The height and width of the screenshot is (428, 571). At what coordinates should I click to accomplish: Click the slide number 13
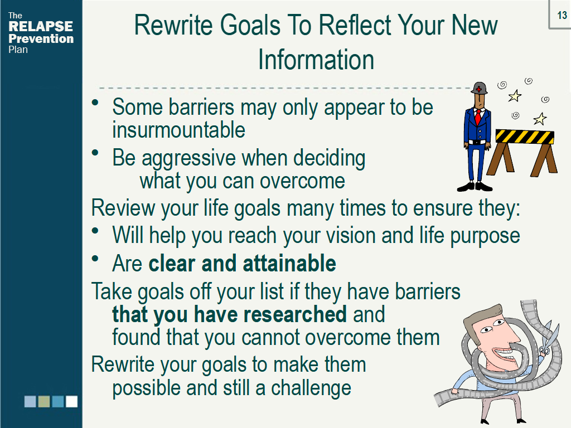[562, 15]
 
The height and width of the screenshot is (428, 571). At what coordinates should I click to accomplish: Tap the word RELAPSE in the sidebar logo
[41, 26]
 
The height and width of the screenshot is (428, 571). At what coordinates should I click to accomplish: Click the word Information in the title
[316, 60]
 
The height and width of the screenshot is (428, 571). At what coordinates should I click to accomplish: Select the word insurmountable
[178, 130]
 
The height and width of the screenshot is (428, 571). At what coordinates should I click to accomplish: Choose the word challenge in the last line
[311, 388]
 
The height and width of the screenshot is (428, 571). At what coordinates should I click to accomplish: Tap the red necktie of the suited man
[477, 117]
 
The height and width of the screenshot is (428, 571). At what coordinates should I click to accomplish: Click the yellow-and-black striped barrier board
[525, 137]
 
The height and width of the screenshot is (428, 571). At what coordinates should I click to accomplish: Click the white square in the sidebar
[72, 401]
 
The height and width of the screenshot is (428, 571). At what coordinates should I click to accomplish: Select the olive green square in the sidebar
[44, 401]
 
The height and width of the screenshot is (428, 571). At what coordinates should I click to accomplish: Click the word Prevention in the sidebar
[41, 38]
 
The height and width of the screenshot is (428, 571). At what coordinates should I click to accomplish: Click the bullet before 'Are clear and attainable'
[95, 259]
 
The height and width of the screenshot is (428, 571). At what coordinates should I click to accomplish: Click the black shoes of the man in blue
[475, 186]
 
